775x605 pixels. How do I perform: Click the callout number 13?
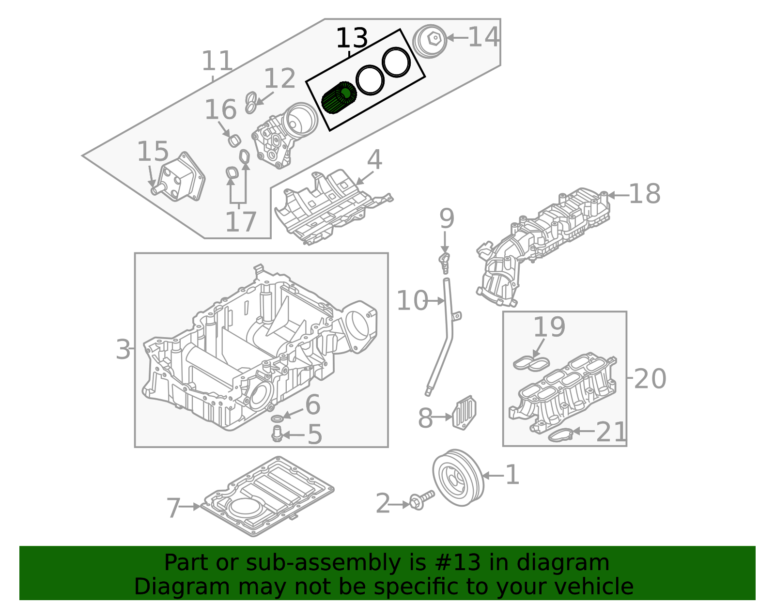coord(352,38)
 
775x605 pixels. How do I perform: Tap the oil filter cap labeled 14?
coord(430,41)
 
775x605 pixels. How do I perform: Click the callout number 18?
coord(644,194)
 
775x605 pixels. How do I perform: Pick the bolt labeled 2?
coord(421,500)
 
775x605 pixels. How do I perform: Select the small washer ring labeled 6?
coord(278,418)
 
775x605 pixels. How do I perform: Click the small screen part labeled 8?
coord(464,412)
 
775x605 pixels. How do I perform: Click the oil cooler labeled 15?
coord(182,177)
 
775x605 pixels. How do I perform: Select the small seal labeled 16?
coord(234,140)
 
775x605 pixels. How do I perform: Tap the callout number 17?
coord(241,222)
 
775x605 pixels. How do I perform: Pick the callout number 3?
coord(123,349)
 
